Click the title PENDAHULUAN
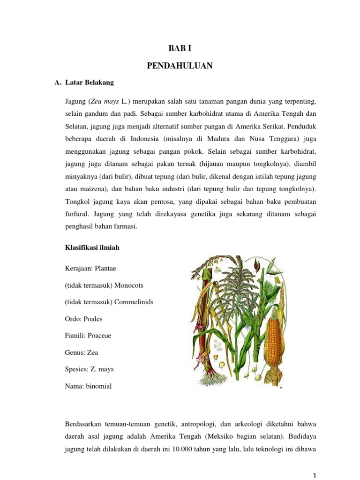tap(180, 66)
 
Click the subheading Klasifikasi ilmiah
tap(92, 247)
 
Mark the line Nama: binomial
tap(89, 386)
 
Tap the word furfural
tap(77, 214)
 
